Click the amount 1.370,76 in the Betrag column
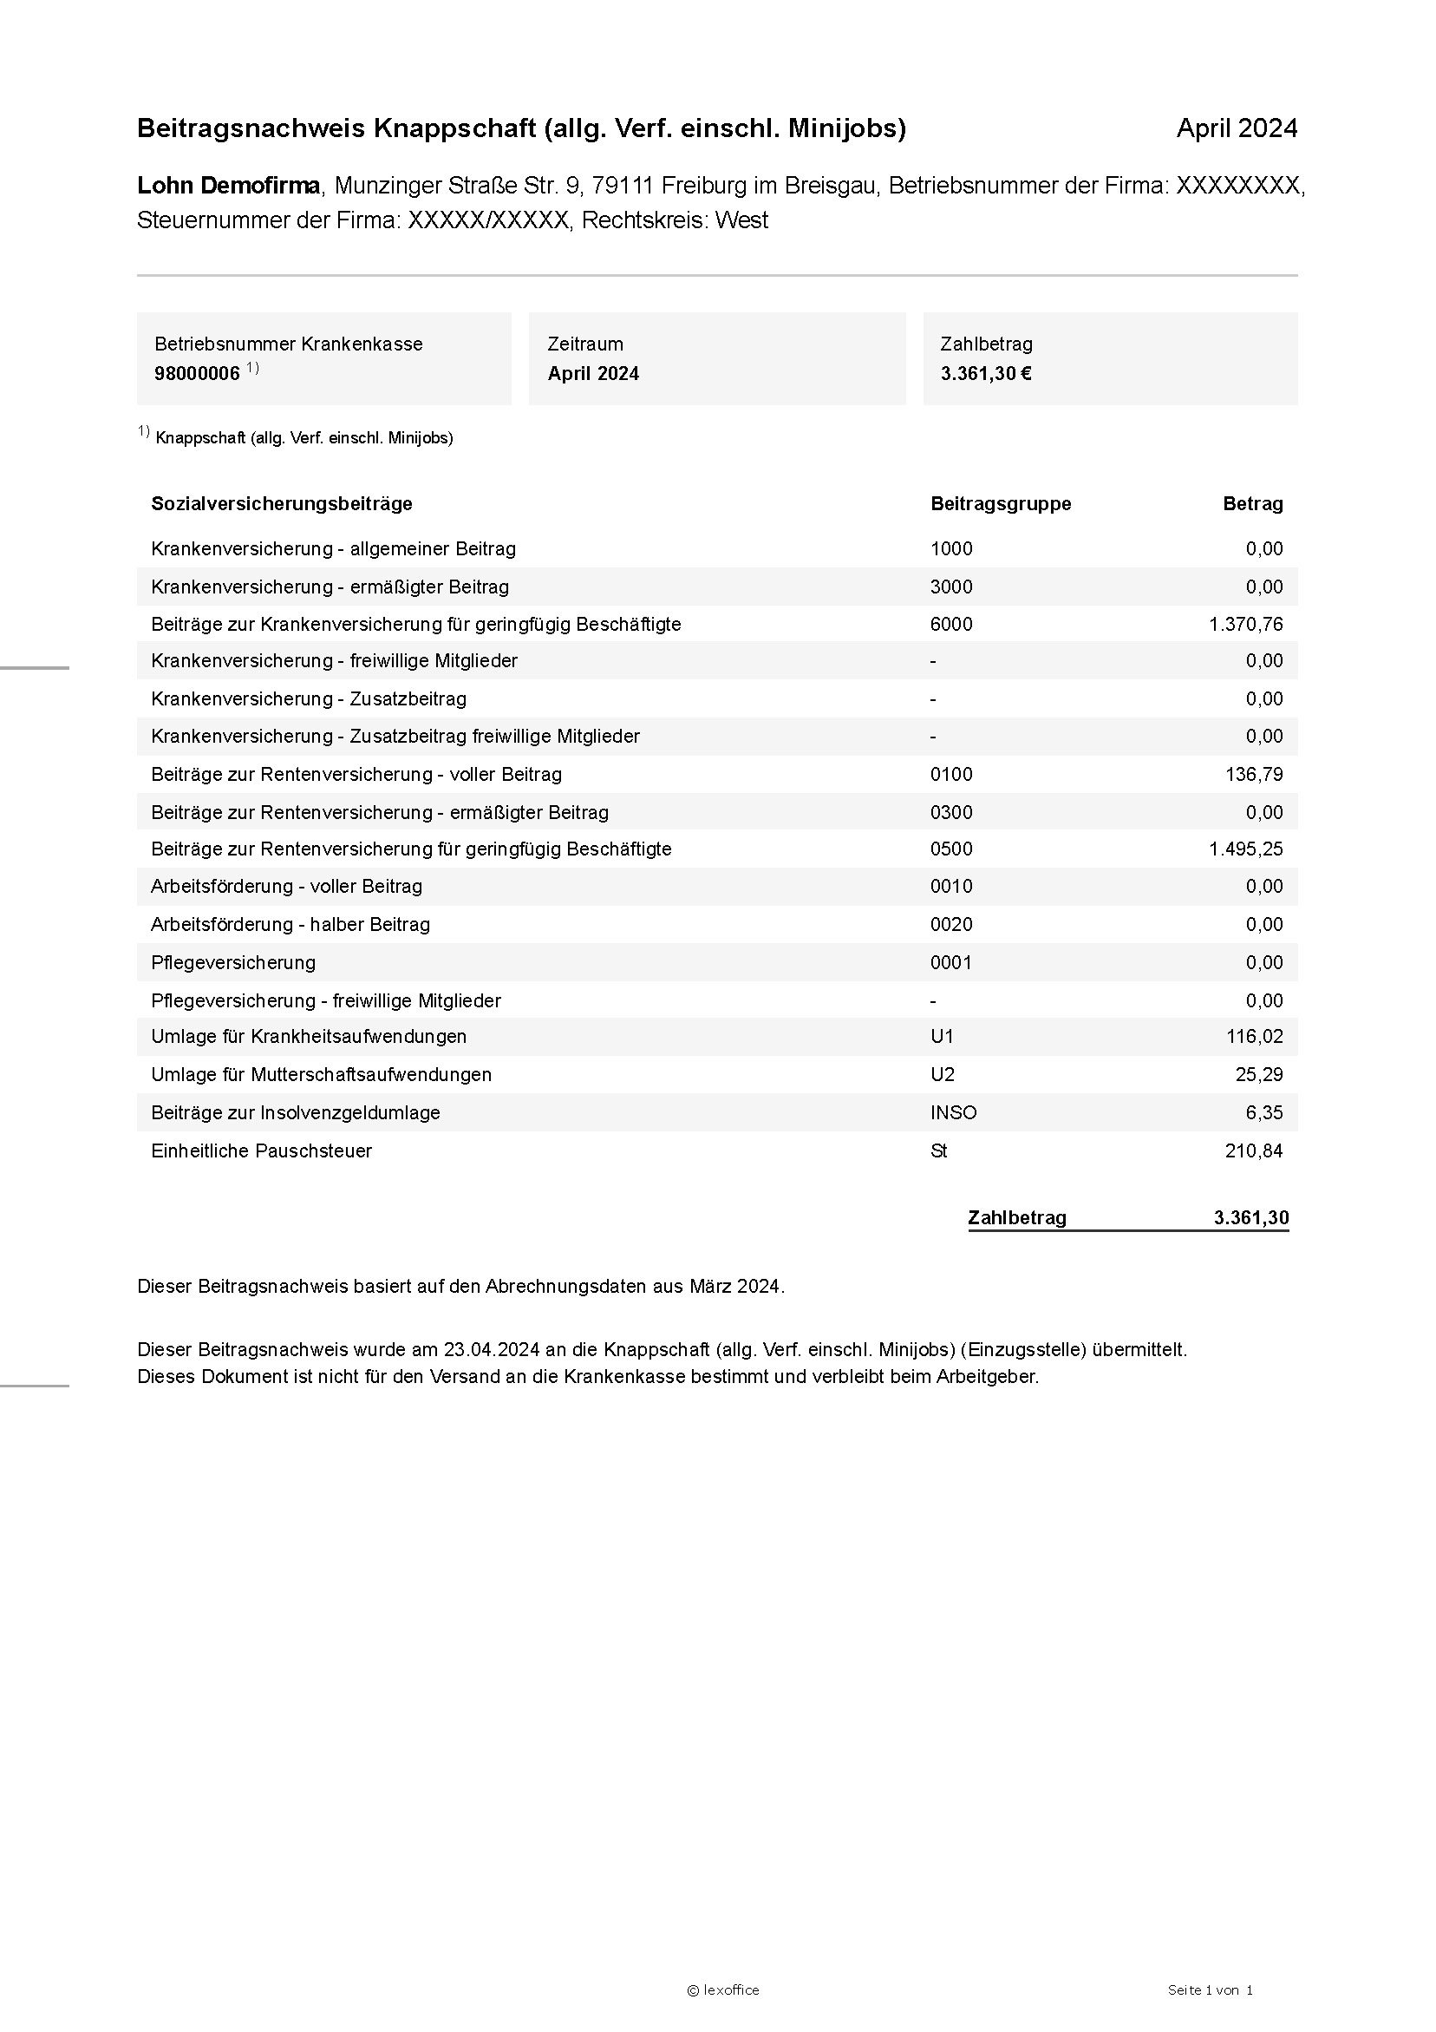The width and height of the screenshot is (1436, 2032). pyautogui.click(x=1245, y=624)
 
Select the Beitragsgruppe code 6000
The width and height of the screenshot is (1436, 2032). pyautogui.click(x=951, y=624)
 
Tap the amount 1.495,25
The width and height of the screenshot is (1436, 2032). pyautogui.click(x=1245, y=849)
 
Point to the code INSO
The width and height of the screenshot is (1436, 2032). pyautogui.click(x=953, y=1112)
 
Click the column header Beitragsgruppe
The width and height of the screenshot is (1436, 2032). pyautogui.click(x=1000, y=503)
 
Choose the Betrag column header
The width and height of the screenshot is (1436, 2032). pyautogui.click(x=1252, y=503)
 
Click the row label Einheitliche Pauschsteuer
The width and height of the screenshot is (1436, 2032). pyautogui.click(x=261, y=1150)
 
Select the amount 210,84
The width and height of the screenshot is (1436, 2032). pyautogui.click(x=1253, y=1150)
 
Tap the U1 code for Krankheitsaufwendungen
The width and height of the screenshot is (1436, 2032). pyautogui.click(x=942, y=1036)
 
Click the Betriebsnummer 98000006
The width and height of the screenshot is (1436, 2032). pyautogui.click(x=197, y=373)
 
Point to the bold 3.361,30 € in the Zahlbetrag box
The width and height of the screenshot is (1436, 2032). pyautogui.click(x=986, y=373)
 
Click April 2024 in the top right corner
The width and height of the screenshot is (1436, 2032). pyautogui.click(x=1236, y=128)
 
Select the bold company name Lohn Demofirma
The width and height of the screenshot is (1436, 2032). pyautogui.click(x=228, y=186)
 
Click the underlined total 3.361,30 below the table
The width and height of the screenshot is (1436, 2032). pyautogui.click(x=1250, y=1218)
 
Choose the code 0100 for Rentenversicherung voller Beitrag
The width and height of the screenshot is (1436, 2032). pyautogui.click(x=951, y=775)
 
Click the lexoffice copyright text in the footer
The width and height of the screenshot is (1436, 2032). pyautogui.click(x=723, y=1990)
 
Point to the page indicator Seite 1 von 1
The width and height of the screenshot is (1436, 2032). pyautogui.click(x=1210, y=1990)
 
